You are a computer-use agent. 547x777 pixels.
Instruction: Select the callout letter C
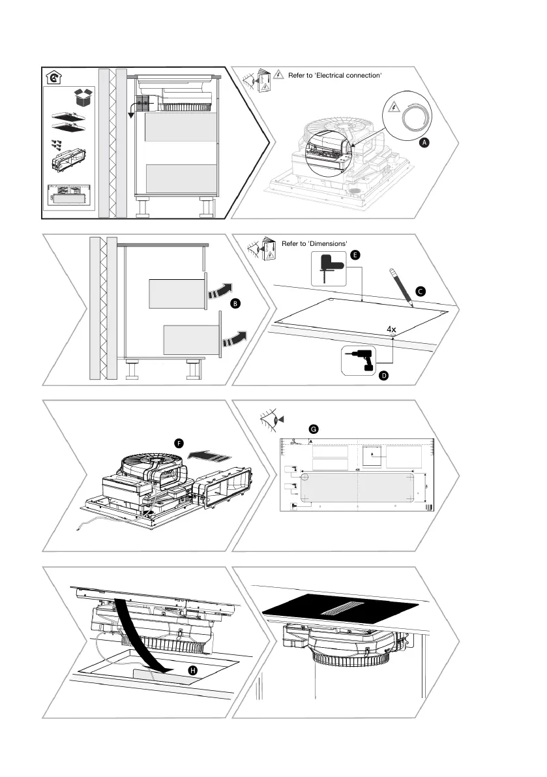point(421,292)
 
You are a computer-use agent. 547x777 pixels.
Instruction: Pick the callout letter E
point(355,255)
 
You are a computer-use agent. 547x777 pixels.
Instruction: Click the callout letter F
point(178,442)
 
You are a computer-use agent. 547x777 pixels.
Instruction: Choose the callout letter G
point(314,429)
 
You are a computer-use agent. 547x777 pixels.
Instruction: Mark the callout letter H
point(192,671)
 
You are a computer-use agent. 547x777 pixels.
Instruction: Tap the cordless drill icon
point(357,361)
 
